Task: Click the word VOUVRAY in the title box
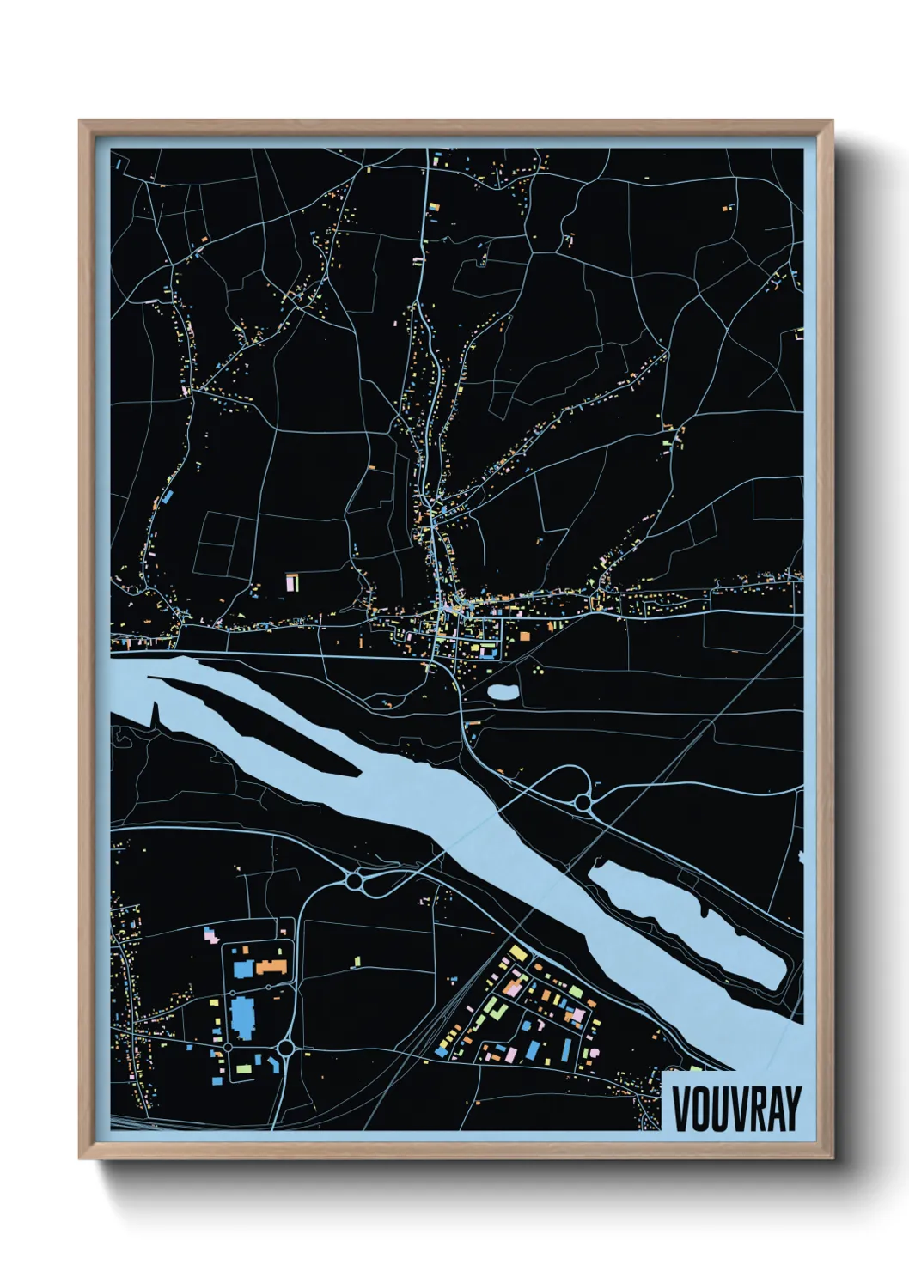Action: coord(736,1110)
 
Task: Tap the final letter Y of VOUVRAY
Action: coord(791,1110)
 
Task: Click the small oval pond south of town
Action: coord(503,690)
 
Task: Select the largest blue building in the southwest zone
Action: coord(242,1017)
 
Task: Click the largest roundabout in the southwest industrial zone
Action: coord(286,1049)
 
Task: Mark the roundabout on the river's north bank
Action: coord(583,803)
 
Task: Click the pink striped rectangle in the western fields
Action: coord(292,581)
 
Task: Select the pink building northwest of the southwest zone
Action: coord(209,933)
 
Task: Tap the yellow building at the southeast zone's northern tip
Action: coord(518,953)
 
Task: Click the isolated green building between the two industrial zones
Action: coord(357,961)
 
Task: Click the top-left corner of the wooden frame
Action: coord(80,121)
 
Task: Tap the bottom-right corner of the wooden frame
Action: coord(832,1158)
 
